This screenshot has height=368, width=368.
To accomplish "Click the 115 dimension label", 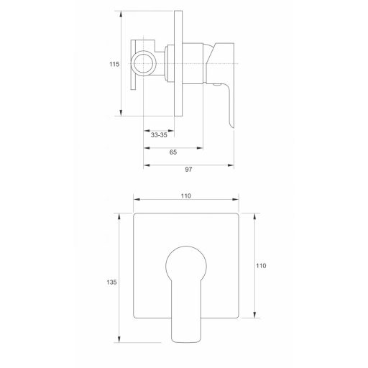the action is point(114,64).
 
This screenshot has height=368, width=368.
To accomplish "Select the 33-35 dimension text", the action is point(159,135).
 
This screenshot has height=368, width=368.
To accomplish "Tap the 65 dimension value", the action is point(173,152).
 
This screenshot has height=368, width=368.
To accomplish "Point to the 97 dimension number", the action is point(188,170).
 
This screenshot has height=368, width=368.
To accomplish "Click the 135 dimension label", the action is point(111,282).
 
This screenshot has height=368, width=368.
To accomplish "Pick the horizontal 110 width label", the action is point(186,196).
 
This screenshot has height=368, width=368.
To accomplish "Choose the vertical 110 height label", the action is point(261,266).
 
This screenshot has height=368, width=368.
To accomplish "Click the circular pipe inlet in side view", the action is point(144,63).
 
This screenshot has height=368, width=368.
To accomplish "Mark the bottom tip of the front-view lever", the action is point(186,342).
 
